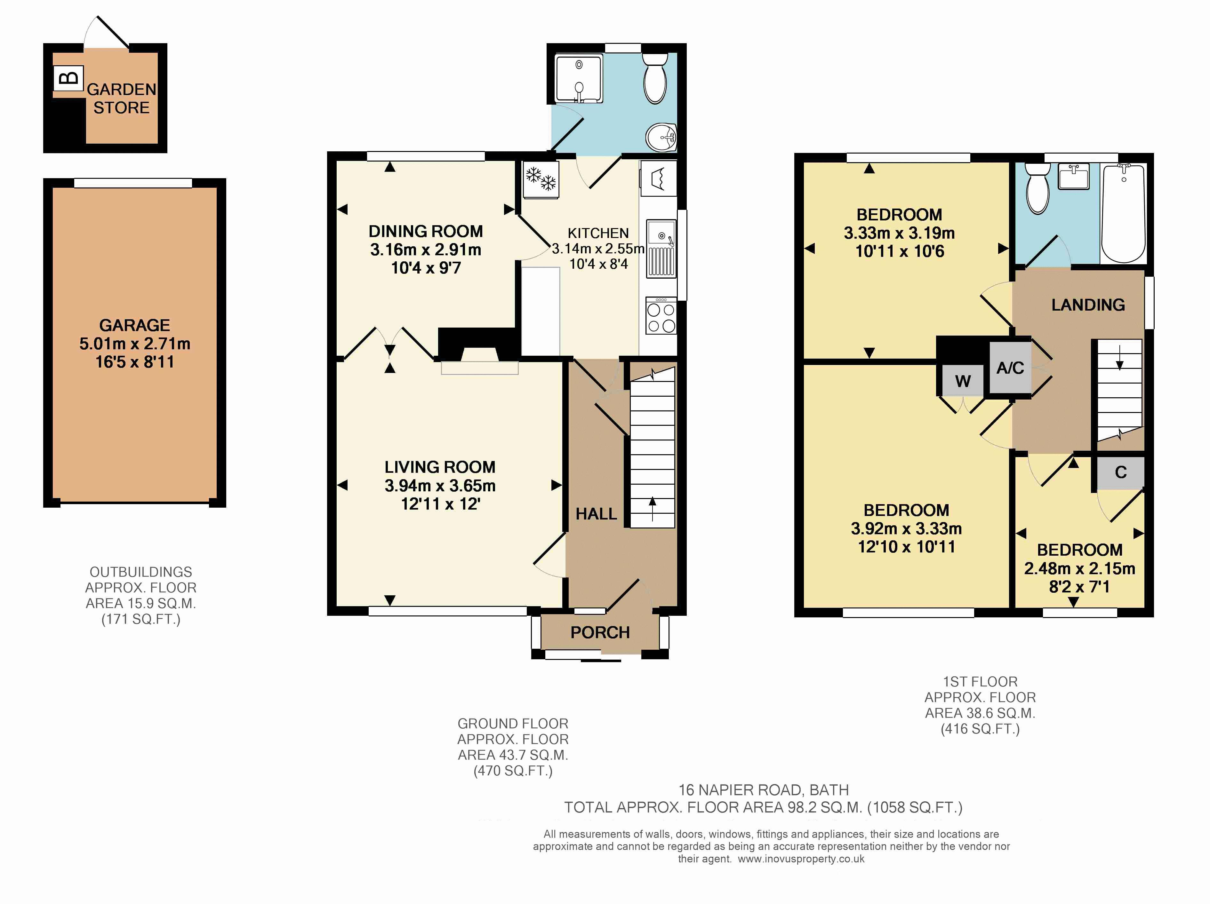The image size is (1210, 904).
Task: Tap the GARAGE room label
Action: coord(134,325)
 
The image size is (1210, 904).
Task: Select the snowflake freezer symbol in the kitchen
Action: coord(541,179)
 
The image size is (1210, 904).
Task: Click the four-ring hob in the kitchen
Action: coord(661,315)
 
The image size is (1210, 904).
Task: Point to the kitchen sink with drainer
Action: coord(661,248)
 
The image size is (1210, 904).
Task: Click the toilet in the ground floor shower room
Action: coord(655,78)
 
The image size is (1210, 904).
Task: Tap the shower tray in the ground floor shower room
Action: coord(579,78)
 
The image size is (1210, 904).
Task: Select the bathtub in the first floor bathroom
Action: coord(1123,213)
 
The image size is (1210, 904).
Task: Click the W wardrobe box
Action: coord(963,381)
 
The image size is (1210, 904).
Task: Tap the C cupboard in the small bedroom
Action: coord(1120,472)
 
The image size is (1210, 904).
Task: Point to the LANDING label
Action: coord(1088,305)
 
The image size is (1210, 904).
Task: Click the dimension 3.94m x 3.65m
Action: coord(440,486)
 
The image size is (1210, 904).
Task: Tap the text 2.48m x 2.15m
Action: coord(1080,569)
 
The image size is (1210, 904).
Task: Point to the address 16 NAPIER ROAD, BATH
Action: coord(764,790)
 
